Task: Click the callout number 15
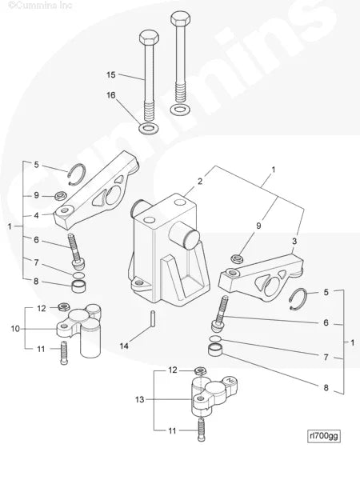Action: (x=111, y=74)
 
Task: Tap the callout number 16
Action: (x=111, y=95)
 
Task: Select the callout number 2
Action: (x=201, y=182)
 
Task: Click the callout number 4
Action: (x=36, y=214)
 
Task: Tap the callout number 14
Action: (x=123, y=346)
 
